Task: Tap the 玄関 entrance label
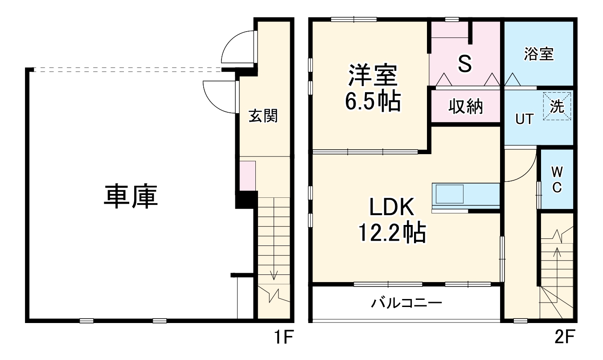pyautogui.click(x=263, y=116)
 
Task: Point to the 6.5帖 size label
pyautogui.click(x=373, y=102)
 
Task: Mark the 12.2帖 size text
pyautogui.click(x=392, y=233)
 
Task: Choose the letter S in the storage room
pyautogui.click(x=465, y=64)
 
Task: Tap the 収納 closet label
pyautogui.click(x=466, y=106)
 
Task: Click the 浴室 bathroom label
pyautogui.click(x=539, y=54)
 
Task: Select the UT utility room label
pyautogui.click(x=524, y=119)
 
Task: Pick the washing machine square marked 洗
pyautogui.click(x=557, y=106)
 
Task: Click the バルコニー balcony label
pyautogui.click(x=406, y=304)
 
